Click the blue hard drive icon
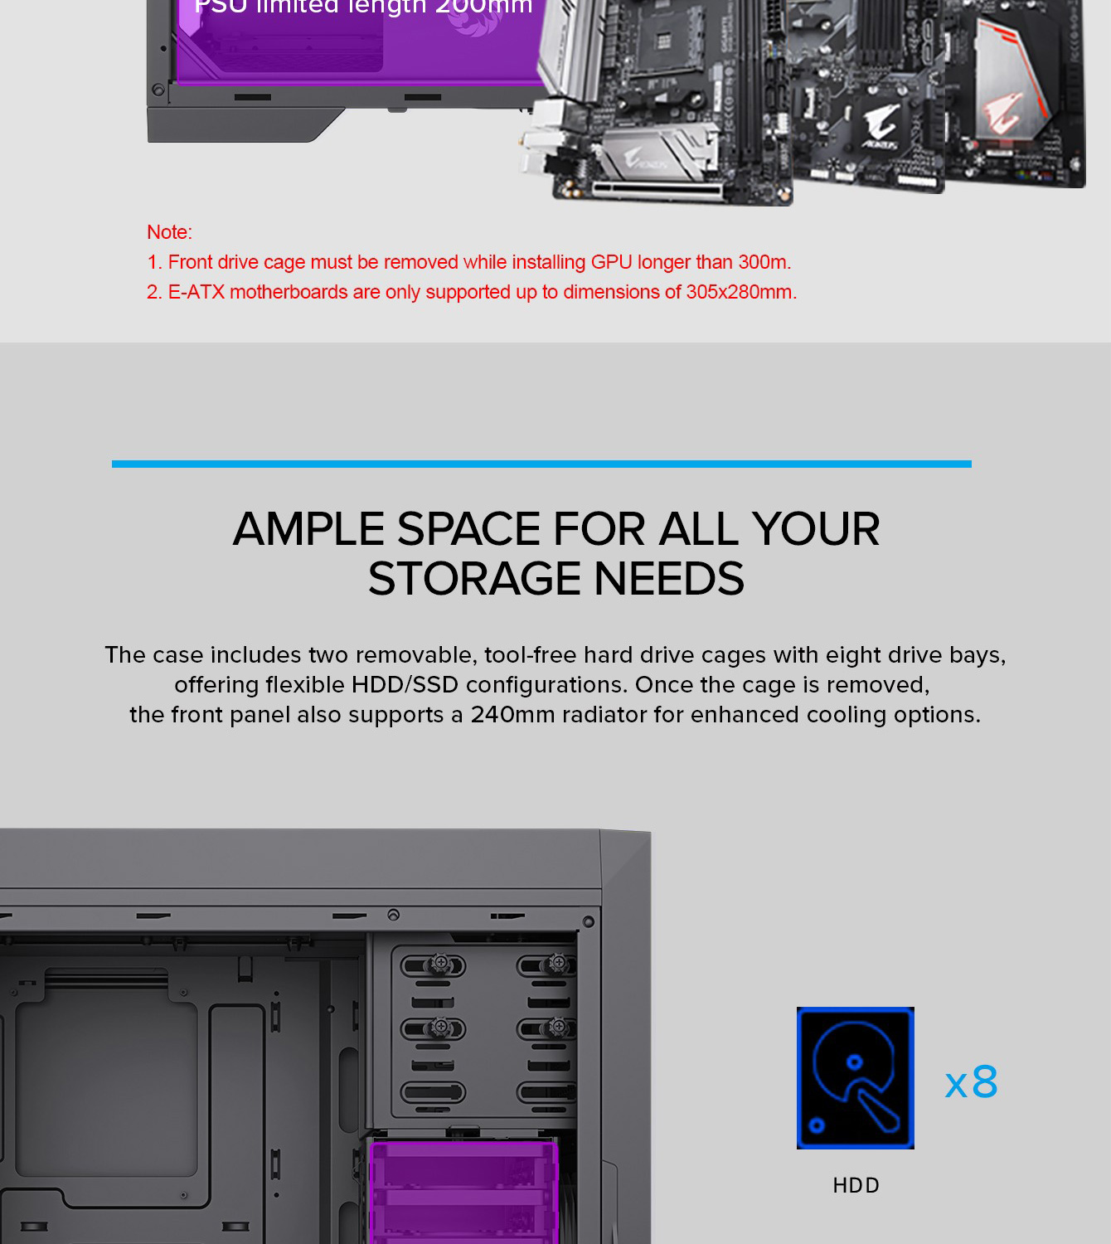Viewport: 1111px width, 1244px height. click(855, 1077)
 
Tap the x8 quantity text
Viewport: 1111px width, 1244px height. click(971, 1082)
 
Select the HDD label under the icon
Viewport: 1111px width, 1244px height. click(856, 1185)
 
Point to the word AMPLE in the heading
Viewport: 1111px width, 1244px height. click(308, 528)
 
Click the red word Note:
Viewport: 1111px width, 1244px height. click(169, 232)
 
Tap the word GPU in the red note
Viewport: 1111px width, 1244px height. click(611, 262)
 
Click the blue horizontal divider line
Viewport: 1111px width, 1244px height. click(541, 464)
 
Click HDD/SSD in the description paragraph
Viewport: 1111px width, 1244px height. click(405, 685)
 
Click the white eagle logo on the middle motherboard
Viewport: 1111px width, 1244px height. click(882, 126)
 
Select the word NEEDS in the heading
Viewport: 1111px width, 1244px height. click(668, 578)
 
